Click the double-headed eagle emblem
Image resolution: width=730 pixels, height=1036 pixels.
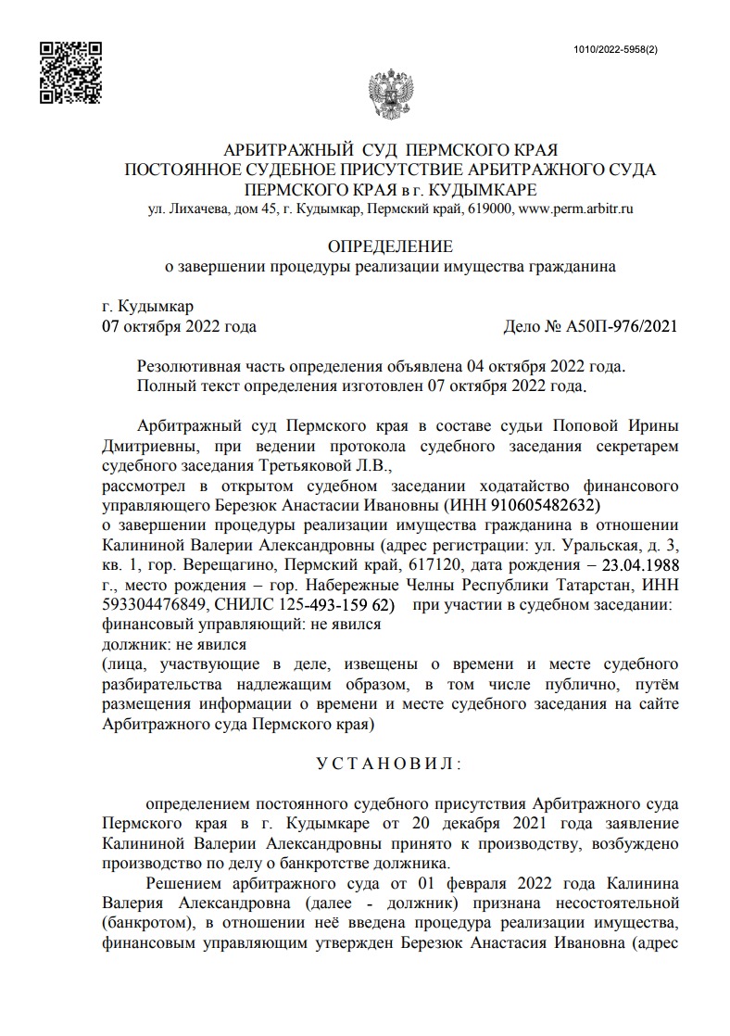pyautogui.click(x=390, y=94)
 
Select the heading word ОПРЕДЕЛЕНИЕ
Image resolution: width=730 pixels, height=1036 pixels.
pyautogui.click(x=390, y=246)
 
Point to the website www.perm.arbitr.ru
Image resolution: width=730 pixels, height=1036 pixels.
pyautogui.click(x=575, y=210)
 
